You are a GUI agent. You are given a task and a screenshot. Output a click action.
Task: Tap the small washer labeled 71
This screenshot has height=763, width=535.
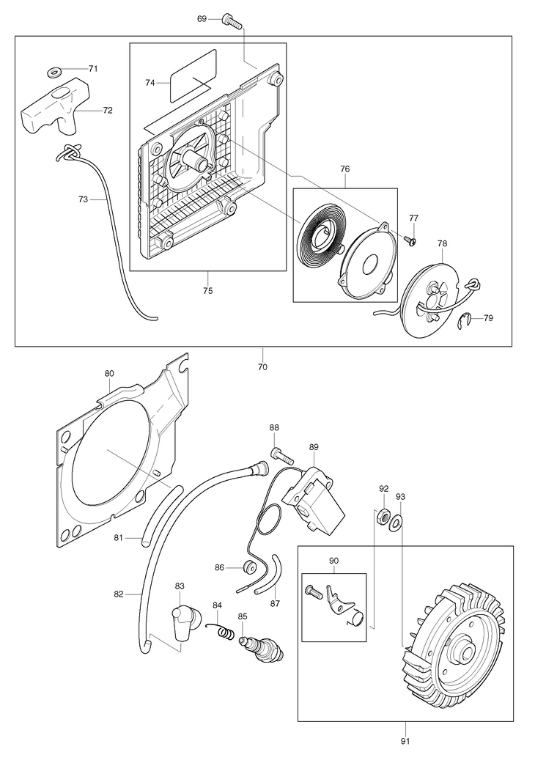[53, 73]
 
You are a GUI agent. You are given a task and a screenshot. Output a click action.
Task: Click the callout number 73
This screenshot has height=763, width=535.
[83, 199]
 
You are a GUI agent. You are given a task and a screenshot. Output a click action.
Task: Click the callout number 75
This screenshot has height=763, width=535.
[207, 291]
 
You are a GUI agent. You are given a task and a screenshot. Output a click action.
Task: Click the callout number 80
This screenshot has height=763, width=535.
[109, 374]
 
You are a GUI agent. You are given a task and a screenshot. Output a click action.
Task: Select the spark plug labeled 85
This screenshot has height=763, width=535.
[261, 646]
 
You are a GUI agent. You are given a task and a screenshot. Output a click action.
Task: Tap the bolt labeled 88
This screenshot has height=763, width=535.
[281, 454]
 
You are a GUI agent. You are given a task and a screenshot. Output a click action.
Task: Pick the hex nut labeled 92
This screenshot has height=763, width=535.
[384, 517]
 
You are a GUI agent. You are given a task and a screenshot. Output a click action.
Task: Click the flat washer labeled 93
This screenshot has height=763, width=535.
[396, 523]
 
